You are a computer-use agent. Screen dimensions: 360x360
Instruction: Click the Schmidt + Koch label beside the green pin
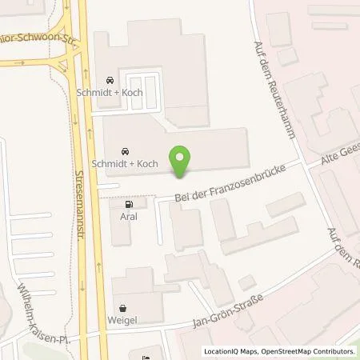point(125,164)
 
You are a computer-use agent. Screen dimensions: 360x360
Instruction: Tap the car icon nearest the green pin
point(124,150)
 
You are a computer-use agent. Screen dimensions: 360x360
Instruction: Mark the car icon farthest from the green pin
point(110,80)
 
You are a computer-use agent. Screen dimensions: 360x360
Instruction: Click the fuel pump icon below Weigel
point(144,356)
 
